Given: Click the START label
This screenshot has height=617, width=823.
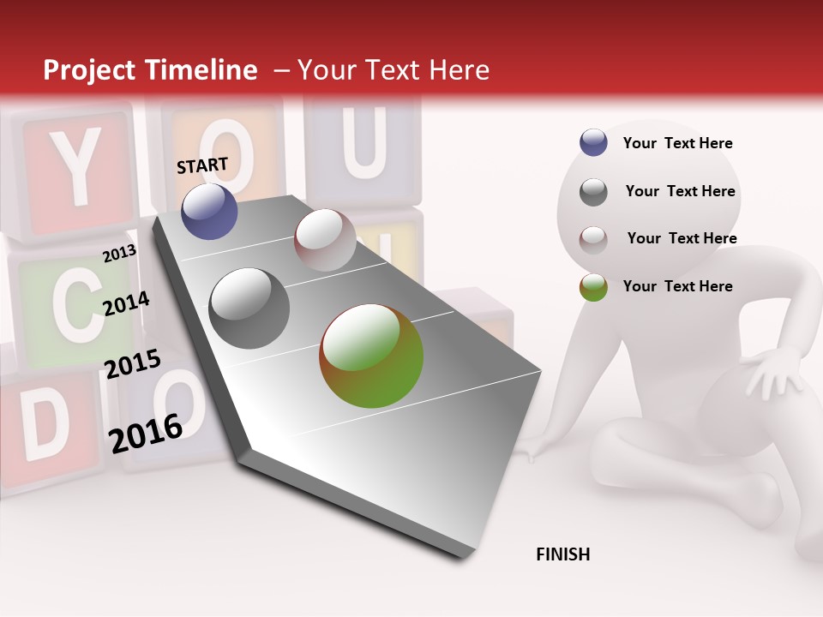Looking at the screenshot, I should click(x=202, y=165).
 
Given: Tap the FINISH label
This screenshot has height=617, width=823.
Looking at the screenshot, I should click(x=562, y=554).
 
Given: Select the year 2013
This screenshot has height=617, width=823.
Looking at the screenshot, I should click(x=119, y=253).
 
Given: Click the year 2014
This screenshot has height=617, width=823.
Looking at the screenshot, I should click(x=126, y=303).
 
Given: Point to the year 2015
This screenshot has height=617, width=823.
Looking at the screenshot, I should click(x=133, y=364).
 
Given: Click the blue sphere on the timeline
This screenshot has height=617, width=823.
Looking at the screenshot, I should click(x=209, y=211).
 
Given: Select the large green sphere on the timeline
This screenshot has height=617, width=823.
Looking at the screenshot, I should click(x=371, y=356).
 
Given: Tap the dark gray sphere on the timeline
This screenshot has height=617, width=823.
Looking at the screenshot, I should click(x=249, y=308).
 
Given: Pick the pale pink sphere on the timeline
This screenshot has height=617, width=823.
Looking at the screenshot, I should click(x=325, y=240).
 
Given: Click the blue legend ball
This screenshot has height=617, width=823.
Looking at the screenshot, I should click(x=593, y=143).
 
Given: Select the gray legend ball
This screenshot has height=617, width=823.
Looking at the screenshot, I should click(x=593, y=192).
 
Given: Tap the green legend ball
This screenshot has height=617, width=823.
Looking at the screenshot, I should click(x=593, y=287).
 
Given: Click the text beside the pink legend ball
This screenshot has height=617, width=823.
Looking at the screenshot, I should click(x=682, y=238).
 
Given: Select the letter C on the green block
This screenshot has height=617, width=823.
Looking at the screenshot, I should click(x=67, y=307).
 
